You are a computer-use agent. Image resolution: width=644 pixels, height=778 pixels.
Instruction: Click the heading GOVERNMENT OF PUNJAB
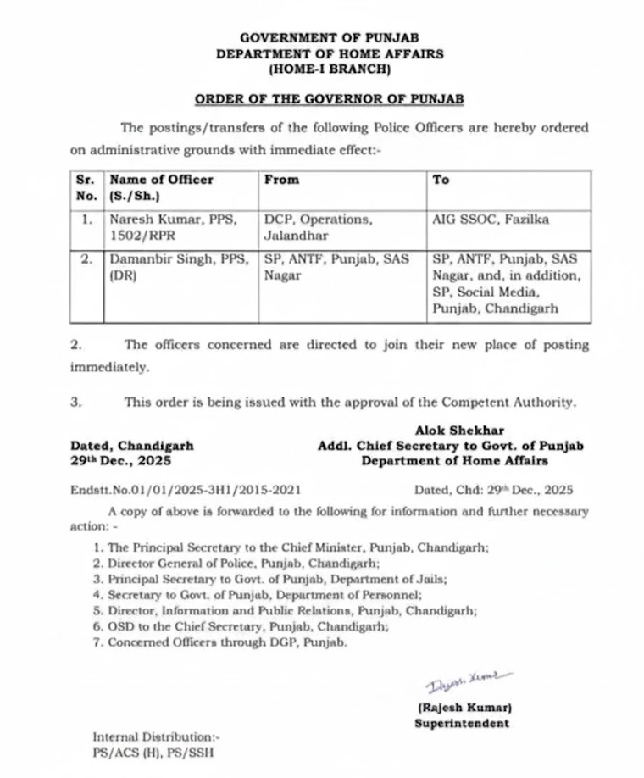click(329, 38)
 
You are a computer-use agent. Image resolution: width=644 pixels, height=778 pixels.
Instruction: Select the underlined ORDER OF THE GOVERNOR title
click(330, 99)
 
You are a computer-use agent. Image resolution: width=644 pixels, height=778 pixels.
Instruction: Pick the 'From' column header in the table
click(281, 180)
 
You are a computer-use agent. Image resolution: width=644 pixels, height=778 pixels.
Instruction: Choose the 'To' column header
click(441, 180)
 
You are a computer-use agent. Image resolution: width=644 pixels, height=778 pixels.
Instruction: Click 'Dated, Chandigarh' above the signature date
click(132, 446)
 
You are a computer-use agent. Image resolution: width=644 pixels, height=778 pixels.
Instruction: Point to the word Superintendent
click(462, 723)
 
